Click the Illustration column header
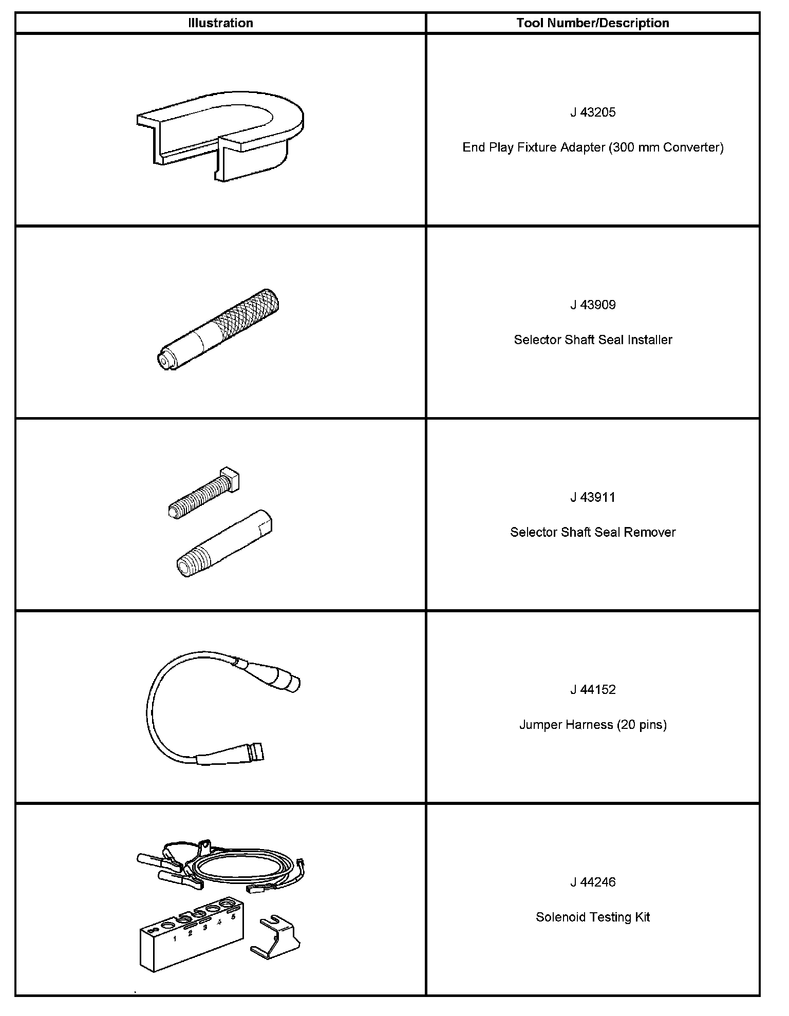coord(220,23)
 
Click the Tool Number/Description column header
coord(593,23)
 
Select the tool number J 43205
coord(593,112)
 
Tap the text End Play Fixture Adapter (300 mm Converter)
coord(593,147)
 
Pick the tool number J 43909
coord(593,305)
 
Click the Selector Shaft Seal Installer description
coord(593,340)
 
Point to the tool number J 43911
coord(593,497)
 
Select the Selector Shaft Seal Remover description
coord(593,532)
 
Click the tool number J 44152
coord(593,689)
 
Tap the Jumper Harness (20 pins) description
coord(593,725)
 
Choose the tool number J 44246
coord(593,882)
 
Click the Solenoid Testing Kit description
coord(593,917)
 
